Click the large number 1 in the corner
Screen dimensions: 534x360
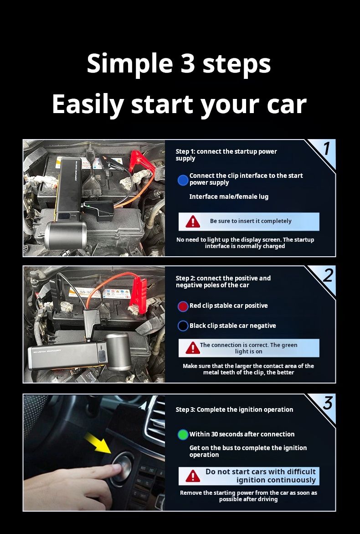tap(326, 149)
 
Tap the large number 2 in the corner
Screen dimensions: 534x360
tap(328, 275)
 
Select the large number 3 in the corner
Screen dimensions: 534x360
tap(328, 403)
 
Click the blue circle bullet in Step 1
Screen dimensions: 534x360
tap(183, 180)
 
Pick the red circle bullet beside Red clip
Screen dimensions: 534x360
tap(183, 306)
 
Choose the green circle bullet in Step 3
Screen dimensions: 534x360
tap(183, 435)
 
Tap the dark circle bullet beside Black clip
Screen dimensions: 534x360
tap(183, 326)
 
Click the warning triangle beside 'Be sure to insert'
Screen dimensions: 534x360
tap(193, 222)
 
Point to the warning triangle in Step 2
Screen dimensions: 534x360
tap(193, 348)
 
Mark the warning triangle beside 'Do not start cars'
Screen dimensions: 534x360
tap(193, 476)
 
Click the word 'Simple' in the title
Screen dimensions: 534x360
tap(127, 63)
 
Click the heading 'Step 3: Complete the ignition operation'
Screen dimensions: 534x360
tap(234, 410)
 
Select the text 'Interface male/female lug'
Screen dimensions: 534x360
tap(229, 197)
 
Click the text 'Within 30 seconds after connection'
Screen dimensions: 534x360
tap(242, 434)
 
